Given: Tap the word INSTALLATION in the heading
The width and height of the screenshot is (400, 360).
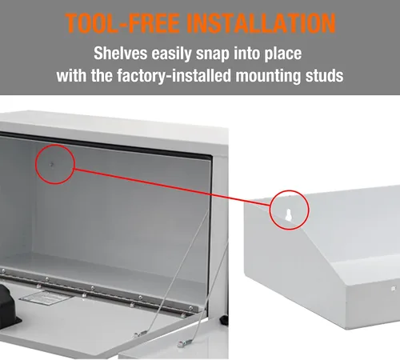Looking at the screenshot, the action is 261,22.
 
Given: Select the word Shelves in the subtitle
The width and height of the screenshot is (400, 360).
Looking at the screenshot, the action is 120,53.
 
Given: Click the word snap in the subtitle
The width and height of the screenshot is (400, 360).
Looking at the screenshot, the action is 212,54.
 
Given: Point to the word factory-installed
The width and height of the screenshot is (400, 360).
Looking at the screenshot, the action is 174,76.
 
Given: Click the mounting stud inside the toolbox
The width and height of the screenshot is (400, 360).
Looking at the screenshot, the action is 52,165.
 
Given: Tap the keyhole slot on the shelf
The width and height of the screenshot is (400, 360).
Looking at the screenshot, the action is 288,215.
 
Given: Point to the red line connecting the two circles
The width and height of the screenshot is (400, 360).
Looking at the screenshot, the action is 172,187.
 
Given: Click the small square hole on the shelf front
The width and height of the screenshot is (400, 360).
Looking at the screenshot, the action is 393,289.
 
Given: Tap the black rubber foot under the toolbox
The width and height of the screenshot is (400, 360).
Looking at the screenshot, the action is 224,320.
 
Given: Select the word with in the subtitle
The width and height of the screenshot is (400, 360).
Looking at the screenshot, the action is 71,75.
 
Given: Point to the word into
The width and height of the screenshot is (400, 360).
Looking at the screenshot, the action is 246,53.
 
